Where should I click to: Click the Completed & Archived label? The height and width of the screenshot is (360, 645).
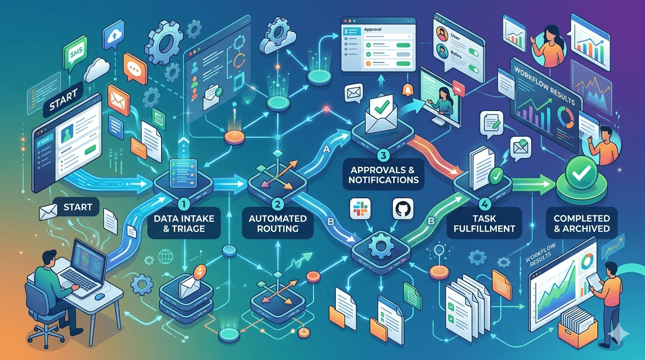click(581, 224)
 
